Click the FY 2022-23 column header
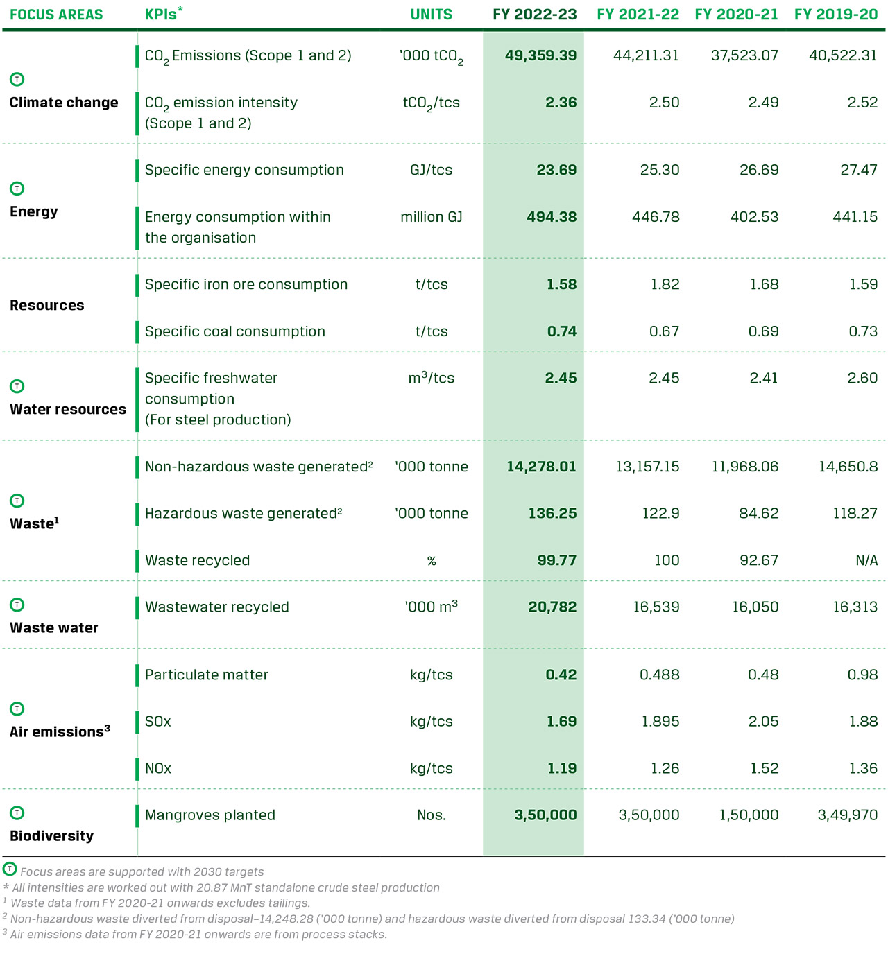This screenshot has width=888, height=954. [x=534, y=15]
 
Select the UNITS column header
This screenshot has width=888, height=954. [x=431, y=15]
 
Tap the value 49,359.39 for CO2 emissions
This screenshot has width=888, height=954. [x=540, y=55]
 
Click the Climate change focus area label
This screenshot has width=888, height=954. [x=64, y=103]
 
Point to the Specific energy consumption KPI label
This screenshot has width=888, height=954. [x=244, y=170]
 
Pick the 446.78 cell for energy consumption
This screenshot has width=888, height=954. [x=656, y=217]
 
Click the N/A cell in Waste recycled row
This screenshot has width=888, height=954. [x=866, y=560]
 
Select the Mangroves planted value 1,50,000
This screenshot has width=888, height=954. [x=749, y=815]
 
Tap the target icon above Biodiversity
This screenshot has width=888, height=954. [x=17, y=813]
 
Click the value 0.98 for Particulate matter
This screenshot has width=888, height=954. [x=862, y=675]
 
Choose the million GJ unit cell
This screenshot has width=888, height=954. [x=431, y=217]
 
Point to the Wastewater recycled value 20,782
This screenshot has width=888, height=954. [x=552, y=607]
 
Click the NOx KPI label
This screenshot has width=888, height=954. [x=158, y=768]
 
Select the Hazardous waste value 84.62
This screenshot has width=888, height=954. [x=758, y=514]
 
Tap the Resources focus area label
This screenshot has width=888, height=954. [x=47, y=305]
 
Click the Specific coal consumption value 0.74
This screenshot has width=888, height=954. [x=561, y=331]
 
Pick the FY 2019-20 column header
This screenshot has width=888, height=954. [x=836, y=15]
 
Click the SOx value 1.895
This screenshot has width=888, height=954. [x=660, y=722]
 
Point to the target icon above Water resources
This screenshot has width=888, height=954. [x=17, y=386]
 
